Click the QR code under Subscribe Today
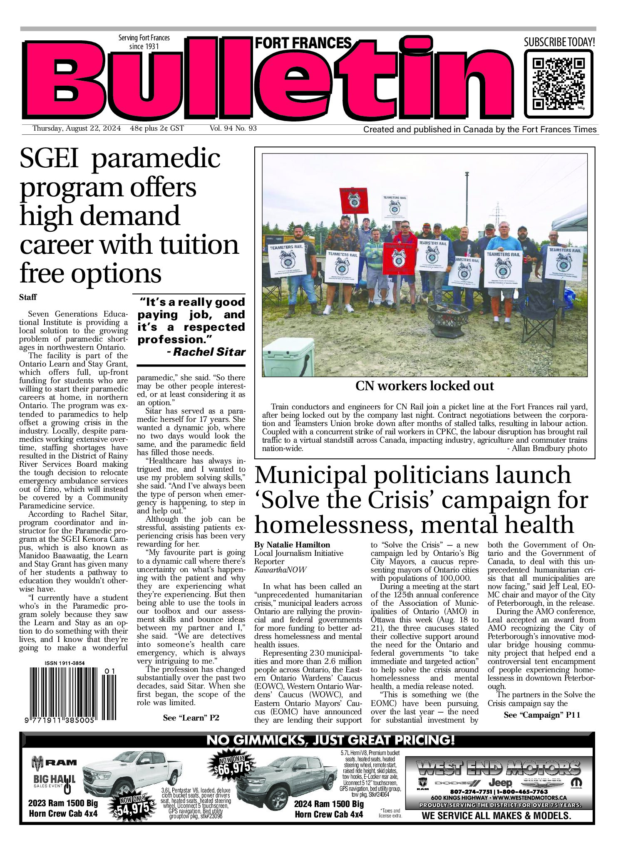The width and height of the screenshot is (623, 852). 558,84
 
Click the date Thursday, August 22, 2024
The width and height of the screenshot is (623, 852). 77,129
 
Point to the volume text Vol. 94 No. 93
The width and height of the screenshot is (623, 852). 233,129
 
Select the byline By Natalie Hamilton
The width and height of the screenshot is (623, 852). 293,545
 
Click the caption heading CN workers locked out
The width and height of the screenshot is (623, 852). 424,386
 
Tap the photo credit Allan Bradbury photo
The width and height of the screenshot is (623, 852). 547,448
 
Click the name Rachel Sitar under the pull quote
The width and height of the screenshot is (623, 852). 209,352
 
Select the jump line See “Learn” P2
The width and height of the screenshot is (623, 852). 191,718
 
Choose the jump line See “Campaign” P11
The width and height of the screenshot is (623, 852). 541,715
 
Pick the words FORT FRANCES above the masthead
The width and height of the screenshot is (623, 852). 303,43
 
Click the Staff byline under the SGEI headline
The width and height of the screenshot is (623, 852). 28,297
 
